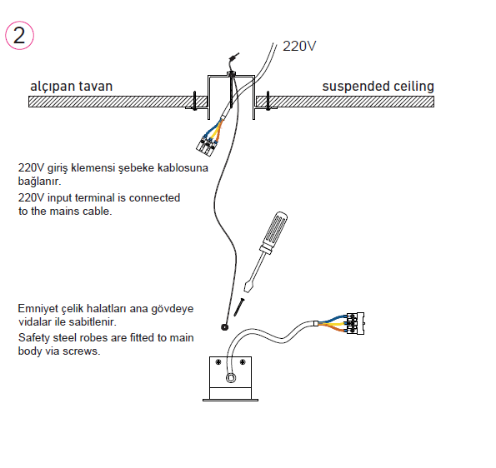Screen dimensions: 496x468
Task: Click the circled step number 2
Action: (19, 36)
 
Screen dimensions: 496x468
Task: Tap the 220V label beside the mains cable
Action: (299, 46)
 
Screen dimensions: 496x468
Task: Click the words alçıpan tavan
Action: (71, 87)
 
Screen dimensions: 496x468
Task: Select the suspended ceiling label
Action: (378, 87)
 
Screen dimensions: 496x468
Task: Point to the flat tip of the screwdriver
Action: (248, 287)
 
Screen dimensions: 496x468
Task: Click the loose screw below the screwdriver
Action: (239, 306)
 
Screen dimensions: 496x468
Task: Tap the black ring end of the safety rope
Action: (224, 327)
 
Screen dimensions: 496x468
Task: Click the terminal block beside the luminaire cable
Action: (356, 323)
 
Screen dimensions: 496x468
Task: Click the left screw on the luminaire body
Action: (218, 361)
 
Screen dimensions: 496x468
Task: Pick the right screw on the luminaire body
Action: (243, 361)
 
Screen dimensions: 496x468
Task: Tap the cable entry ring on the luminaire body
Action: (231, 377)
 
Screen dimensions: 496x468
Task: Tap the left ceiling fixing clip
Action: (195, 101)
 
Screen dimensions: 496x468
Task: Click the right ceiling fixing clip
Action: (268, 101)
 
